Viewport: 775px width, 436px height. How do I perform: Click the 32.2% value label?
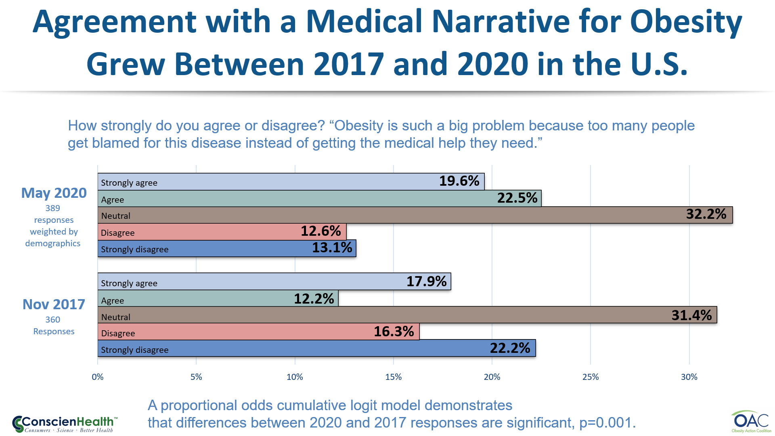click(x=706, y=214)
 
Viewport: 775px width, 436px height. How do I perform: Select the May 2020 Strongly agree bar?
click(x=291, y=182)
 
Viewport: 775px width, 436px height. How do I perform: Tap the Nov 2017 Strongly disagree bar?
click(x=316, y=348)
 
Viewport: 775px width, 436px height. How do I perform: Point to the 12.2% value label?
click(x=314, y=299)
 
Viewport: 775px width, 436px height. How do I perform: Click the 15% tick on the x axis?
click(x=393, y=377)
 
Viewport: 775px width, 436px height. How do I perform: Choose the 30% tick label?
click(x=689, y=377)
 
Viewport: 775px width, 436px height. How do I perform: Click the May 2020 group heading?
click(x=54, y=193)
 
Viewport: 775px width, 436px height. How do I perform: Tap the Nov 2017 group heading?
click(x=54, y=304)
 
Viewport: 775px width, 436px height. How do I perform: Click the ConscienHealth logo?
click(x=65, y=424)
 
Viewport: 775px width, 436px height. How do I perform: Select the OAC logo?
click(x=751, y=422)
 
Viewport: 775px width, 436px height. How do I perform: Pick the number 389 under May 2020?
click(x=52, y=208)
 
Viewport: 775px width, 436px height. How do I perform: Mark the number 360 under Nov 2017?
click(x=52, y=320)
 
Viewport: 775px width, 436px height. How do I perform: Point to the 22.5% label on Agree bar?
click(x=517, y=198)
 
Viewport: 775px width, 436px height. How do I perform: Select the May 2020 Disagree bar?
click(x=222, y=232)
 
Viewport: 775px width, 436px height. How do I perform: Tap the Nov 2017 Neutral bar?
click(x=407, y=315)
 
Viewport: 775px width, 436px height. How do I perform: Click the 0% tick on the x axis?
click(x=98, y=377)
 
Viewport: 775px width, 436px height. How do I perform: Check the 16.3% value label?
click(x=394, y=331)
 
